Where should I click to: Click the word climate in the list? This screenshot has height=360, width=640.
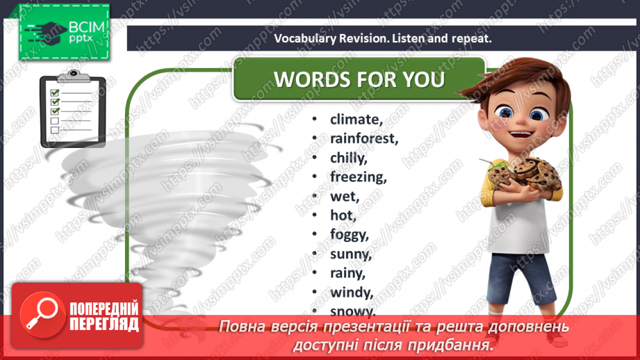356,119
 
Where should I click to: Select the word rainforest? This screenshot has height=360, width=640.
363,138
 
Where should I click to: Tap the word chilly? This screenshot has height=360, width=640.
349,158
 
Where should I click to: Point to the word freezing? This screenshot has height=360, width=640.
358,177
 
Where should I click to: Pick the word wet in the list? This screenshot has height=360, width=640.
345,197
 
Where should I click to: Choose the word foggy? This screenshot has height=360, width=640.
349,235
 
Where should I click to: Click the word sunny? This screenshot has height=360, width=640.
351,254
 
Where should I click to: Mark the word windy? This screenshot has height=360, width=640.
352,293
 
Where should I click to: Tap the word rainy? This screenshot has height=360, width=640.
347,273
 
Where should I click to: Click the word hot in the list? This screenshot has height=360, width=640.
343,215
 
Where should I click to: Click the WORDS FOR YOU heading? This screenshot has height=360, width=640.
359,79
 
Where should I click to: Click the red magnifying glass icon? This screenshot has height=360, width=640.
43,315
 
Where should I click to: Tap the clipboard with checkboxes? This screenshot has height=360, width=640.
73,109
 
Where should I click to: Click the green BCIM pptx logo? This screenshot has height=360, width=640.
64,32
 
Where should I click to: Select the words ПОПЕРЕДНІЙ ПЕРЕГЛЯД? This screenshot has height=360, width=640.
104,316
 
